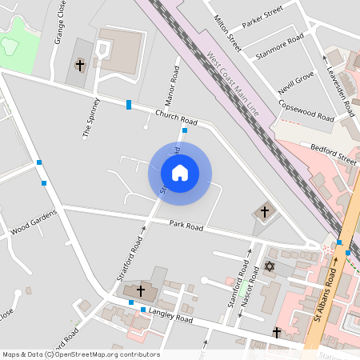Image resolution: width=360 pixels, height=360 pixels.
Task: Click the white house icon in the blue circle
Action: click(x=180, y=172)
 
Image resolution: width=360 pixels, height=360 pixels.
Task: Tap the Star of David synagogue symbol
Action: click(x=269, y=266)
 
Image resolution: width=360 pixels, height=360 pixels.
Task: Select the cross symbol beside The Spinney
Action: click(x=80, y=64)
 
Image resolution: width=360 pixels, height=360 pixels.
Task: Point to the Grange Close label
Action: click(x=58, y=25)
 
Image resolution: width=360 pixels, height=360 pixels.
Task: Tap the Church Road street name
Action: click(x=175, y=117)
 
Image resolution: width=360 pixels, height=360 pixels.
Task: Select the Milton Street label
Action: click(x=228, y=32)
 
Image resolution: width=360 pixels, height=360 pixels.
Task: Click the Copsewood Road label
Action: click(x=306, y=111)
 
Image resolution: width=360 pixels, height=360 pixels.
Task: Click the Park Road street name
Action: click(x=186, y=226)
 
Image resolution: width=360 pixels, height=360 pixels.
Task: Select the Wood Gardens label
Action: click(x=34, y=224)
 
